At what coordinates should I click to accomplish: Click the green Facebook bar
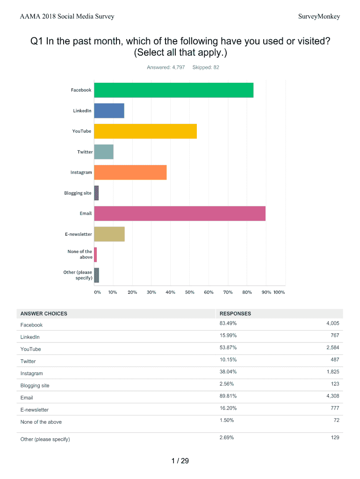(x=173, y=90)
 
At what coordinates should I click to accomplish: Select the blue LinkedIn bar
(x=109, y=111)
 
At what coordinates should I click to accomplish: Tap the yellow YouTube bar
(x=145, y=131)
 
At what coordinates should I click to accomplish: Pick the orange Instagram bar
(x=130, y=173)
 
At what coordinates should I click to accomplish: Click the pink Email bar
(x=180, y=214)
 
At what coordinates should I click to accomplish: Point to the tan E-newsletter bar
(x=109, y=234)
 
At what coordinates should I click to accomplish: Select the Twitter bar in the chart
(x=104, y=152)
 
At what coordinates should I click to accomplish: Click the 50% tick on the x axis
(x=189, y=292)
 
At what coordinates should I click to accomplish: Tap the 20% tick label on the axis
(x=132, y=292)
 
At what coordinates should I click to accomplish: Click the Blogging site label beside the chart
(x=78, y=193)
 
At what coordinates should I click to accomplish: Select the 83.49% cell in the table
(x=228, y=324)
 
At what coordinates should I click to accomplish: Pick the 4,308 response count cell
(x=331, y=396)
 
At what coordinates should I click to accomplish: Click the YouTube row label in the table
(x=30, y=349)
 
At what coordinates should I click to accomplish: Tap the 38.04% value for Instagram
(x=228, y=372)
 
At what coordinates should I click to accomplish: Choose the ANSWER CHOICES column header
(x=43, y=313)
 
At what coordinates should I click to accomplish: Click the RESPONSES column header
(x=235, y=313)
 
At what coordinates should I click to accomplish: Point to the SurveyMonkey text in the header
(x=319, y=17)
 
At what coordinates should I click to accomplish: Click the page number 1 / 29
(x=180, y=461)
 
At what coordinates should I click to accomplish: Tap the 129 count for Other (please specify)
(x=334, y=437)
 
